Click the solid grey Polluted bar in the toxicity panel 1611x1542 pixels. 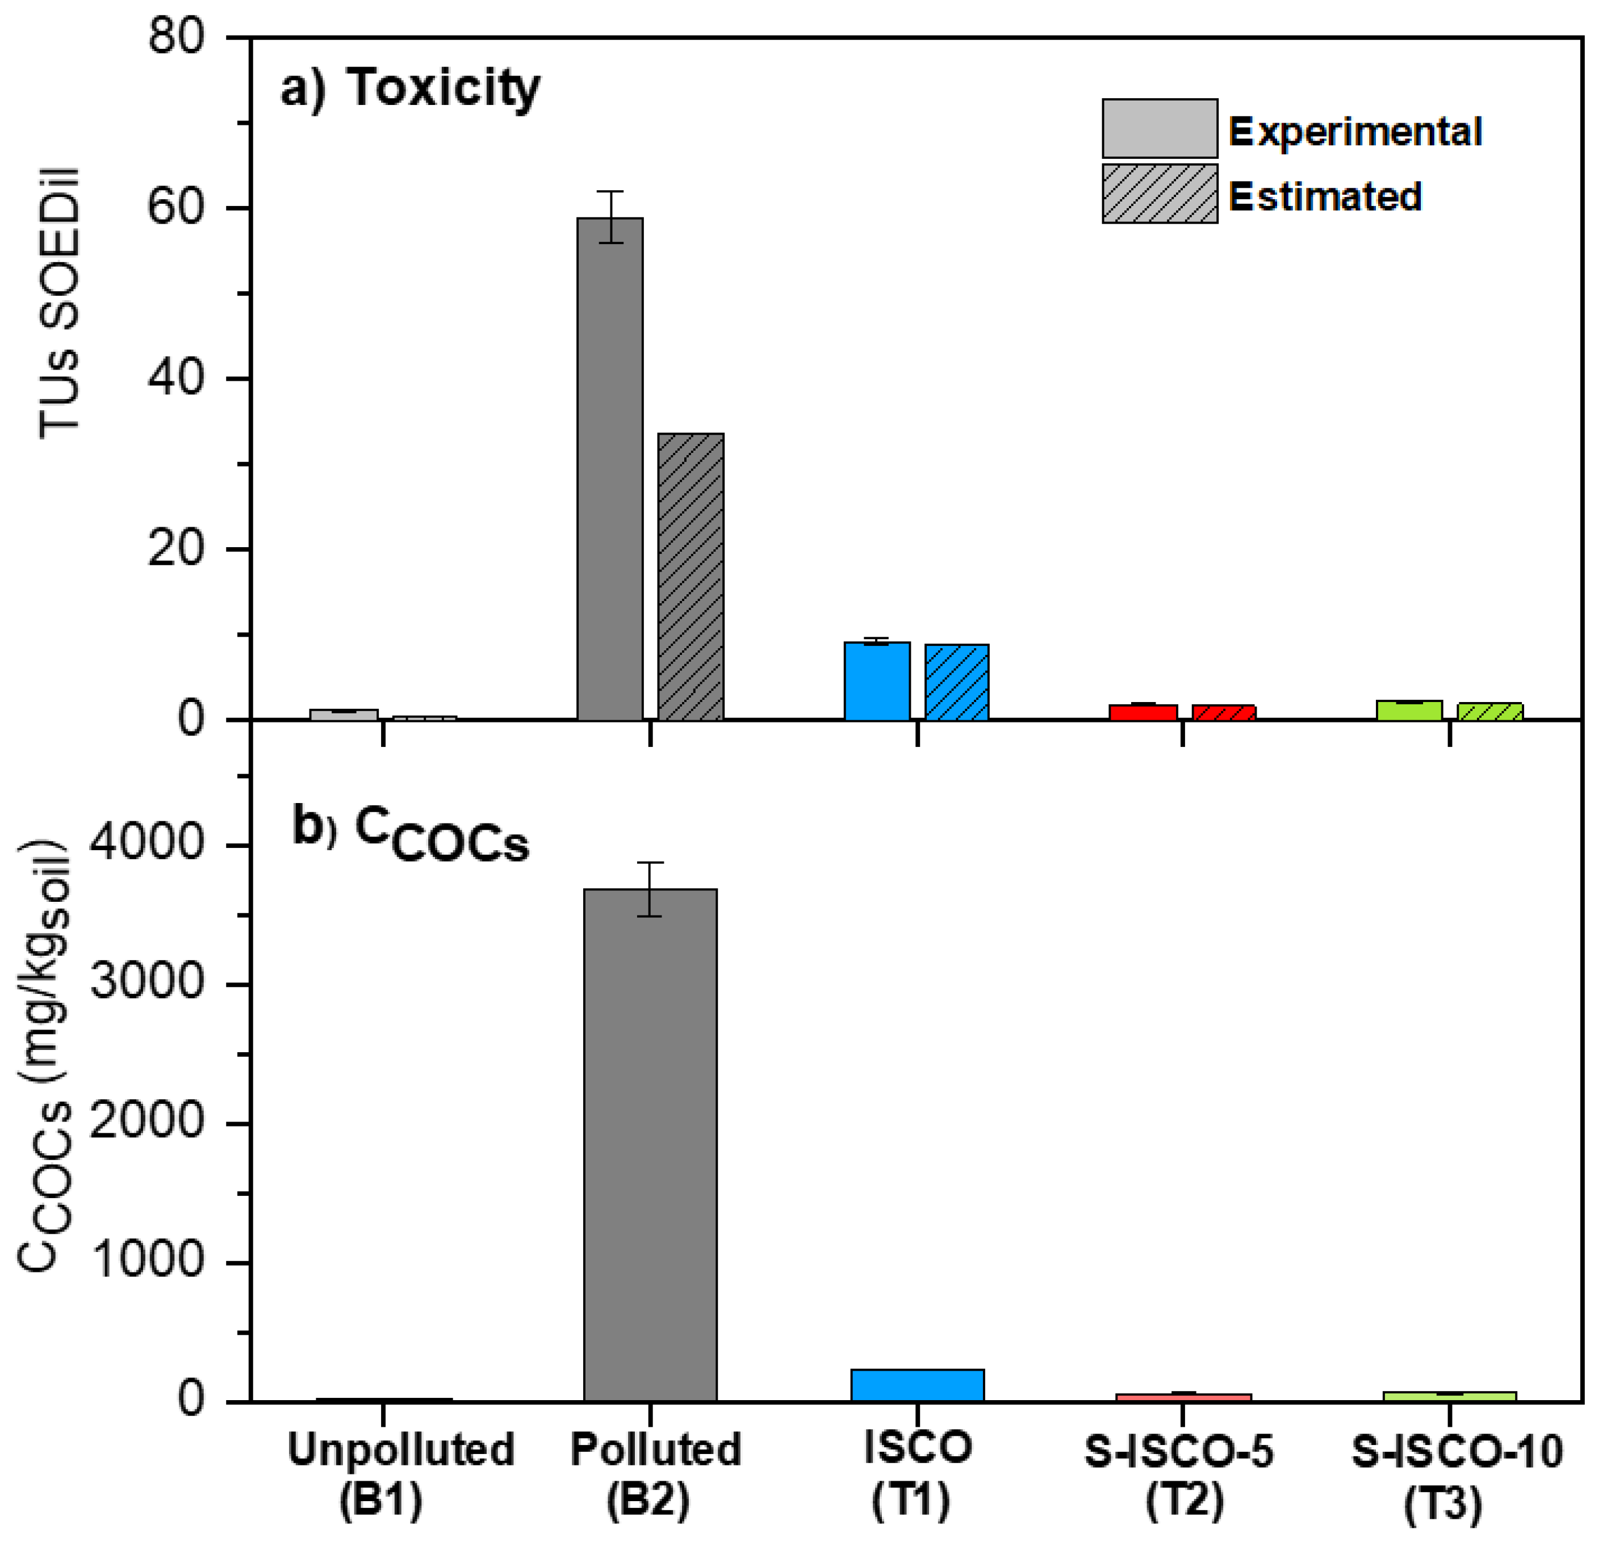pyautogui.click(x=610, y=468)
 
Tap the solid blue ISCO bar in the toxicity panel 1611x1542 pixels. pyautogui.click(x=876, y=681)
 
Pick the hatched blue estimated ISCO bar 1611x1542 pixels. pyautogui.click(x=957, y=682)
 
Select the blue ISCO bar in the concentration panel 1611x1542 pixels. pyautogui.click(x=917, y=1385)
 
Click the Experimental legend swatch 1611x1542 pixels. pyautogui.click(x=1159, y=129)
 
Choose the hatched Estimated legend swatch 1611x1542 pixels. pyautogui.click(x=1159, y=194)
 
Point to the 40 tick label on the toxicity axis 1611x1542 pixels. pyautogui.click(x=175, y=379)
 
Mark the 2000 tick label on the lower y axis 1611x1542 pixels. pyautogui.click(x=147, y=1122)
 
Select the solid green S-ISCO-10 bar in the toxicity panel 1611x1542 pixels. pyautogui.click(x=1409, y=711)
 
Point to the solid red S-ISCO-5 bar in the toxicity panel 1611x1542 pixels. pyautogui.click(x=1143, y=712)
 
